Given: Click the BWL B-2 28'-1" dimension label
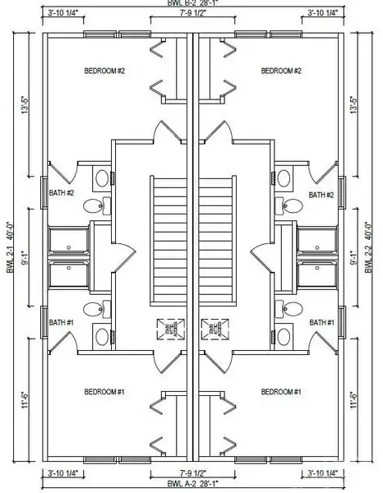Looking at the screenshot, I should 192,5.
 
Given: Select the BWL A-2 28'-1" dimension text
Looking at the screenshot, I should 192,485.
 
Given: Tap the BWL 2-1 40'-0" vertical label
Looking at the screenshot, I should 12,247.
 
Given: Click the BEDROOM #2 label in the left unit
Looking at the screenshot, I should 104,71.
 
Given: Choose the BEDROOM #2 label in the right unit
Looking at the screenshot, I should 281,71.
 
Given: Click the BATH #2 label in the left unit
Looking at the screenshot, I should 62,194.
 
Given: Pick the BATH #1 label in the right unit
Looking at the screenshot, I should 321,323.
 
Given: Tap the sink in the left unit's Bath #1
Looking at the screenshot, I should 101,336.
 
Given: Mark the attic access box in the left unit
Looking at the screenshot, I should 168,329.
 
